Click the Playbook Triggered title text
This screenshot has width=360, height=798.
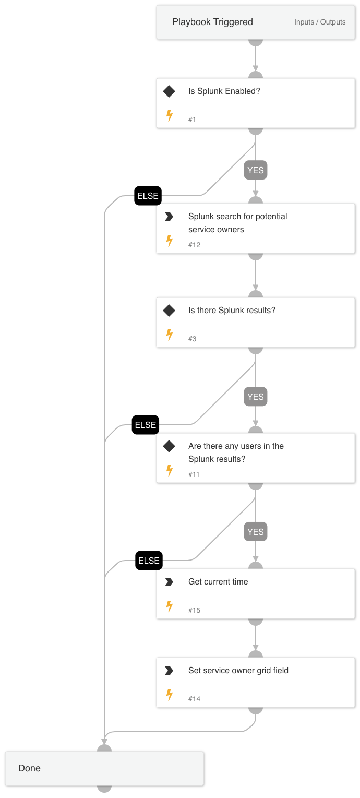[212, 22]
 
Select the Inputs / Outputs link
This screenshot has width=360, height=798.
[320, 22]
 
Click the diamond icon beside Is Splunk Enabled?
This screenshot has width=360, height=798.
[169, 91]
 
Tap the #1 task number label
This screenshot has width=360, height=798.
[192, 120]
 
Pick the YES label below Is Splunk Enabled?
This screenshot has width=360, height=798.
[256, 170]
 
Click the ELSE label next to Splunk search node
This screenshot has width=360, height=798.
[148, 196]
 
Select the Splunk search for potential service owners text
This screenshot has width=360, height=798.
[237, 223]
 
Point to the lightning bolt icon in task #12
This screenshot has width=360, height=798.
[169, 241]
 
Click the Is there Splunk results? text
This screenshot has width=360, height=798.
[232, 311]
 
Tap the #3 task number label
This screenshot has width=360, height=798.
[192, 339]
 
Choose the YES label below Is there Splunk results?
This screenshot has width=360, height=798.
[256, 397]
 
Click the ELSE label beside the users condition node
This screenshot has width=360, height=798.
[146, 425]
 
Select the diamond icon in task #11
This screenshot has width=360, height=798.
[169, 446]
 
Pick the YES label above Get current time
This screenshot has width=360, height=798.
[256, 532]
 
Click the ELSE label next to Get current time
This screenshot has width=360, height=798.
[149, 561]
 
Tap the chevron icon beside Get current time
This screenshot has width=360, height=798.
[169, 582]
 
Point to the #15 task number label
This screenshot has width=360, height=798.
[194, 610]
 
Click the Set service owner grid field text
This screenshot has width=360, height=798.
[238, 671]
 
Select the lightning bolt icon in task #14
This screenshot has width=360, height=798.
[169, 695]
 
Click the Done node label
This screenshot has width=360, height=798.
[29, 768]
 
